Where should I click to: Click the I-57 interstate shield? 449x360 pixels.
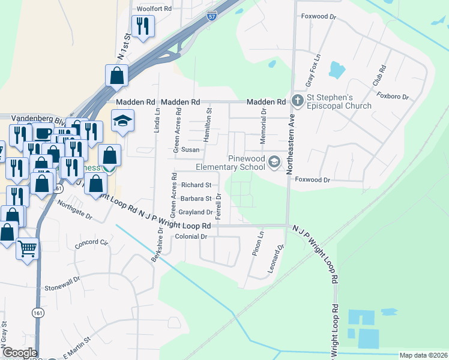click(x=212, y=17)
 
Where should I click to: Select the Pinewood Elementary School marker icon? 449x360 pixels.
click(x=274, y=161)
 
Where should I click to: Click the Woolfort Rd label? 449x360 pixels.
click(x=154, y=9)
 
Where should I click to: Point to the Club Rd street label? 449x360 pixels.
click(x=378, y=74)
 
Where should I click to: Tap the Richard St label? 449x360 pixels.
click(x=196, y=185)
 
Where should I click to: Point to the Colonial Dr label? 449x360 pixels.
click(x=191, y=236)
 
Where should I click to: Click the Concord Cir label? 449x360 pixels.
click(x=91, y=243)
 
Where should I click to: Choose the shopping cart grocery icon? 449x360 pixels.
click(x=28, y=247)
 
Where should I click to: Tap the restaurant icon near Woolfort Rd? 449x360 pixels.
click(x=143, y=26)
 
